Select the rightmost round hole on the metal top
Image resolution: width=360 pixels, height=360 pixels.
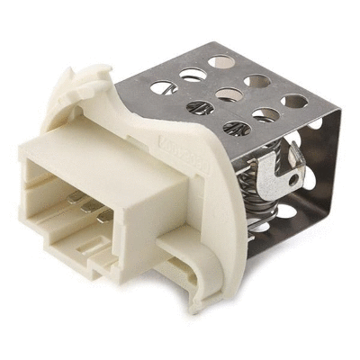click(295, 101)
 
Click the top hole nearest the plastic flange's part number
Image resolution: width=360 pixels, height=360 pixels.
click(233, 125)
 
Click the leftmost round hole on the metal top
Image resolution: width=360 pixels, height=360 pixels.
click(161, 87)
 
